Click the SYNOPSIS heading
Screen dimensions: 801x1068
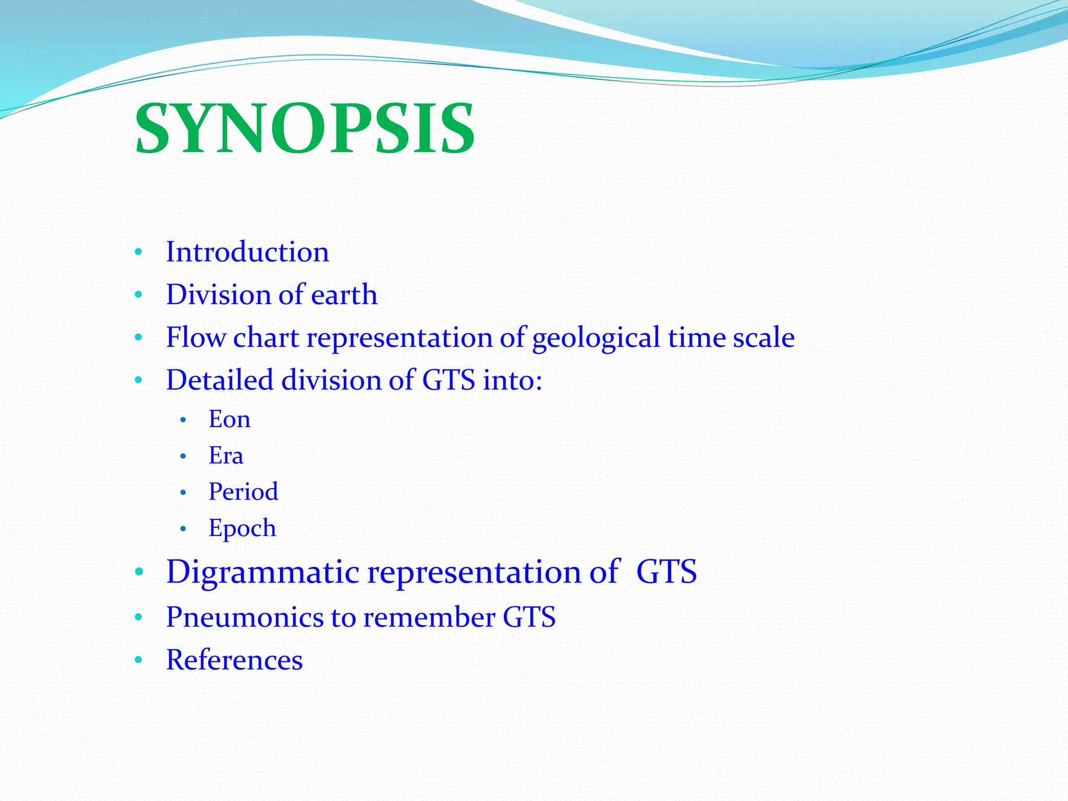tap(305, 128)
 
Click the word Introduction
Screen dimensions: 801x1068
tap(247, 252)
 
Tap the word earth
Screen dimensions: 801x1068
tap(344, 295)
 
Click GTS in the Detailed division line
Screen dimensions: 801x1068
tap(448, 380)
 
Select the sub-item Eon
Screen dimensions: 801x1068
tap(229, 419)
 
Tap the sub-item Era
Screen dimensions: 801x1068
tap(226, 456)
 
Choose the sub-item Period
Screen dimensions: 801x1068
tap(243, 492)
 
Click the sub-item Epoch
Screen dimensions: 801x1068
tap(242, 528)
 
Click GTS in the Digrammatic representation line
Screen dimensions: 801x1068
tap(666, 572)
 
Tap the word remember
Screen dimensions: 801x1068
tap(429, 617)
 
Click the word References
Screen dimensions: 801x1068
tap(234, 660)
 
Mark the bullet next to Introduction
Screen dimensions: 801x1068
tap(138, 253)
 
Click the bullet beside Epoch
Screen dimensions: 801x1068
tap(183, 529)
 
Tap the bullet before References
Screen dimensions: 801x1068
tap(138, 661)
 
